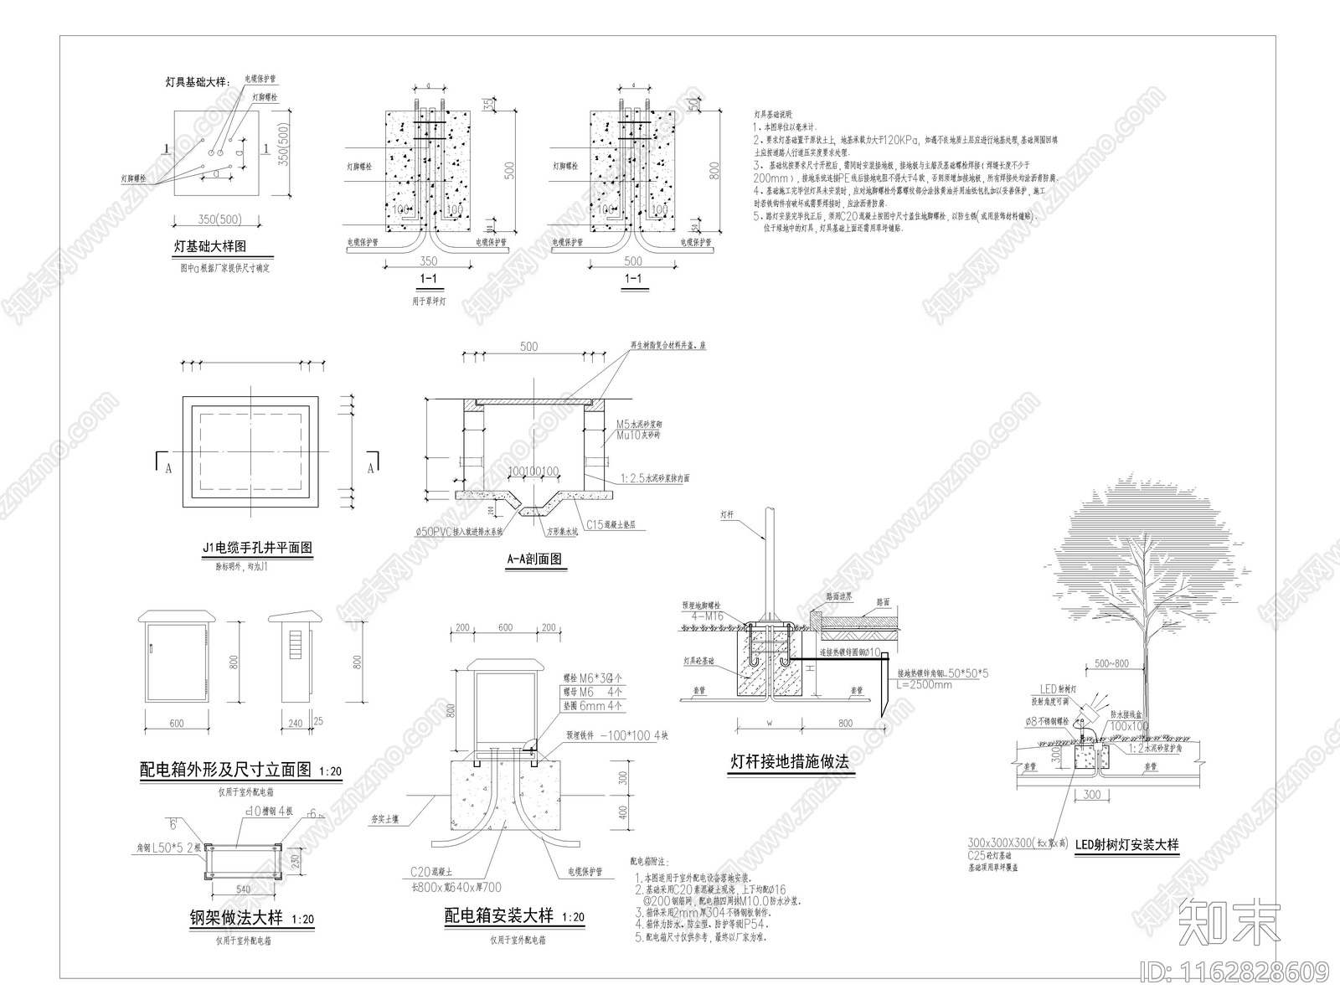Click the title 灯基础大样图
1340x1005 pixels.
pos(210,247)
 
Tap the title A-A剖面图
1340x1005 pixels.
pos(533,559)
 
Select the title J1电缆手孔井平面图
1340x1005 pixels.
pos(257,548)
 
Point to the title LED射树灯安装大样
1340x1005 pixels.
pos(1126,844)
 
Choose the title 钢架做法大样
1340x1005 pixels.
pos(236,917)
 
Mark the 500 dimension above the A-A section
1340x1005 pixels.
pos(528,347)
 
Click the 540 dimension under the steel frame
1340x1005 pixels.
pos(242,889)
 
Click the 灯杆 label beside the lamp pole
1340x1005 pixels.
pos(726,515)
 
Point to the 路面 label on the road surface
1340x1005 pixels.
pos(882,601)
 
